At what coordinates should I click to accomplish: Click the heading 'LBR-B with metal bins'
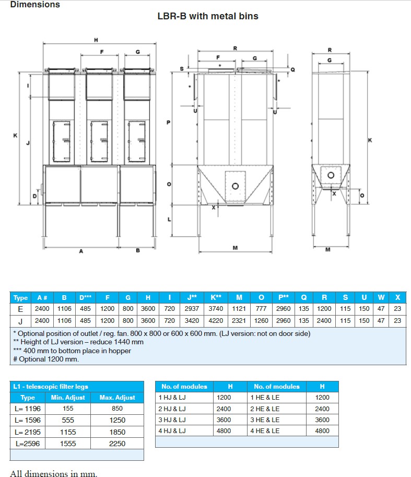[208, 16]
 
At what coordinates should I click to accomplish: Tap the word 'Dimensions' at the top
[34, 5]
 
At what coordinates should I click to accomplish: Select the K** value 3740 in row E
[216, 309]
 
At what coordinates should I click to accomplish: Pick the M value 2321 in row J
[239, 321]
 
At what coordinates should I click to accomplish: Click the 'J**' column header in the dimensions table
[192, 297]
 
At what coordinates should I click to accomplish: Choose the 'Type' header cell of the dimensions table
[20, 298]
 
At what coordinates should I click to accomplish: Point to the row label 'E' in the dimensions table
[20, 309]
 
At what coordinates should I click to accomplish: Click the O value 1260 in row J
[261, 321]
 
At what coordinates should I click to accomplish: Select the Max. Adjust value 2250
[118, 444]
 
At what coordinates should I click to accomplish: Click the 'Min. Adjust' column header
[68, 398]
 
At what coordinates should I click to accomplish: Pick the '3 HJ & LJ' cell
[172, 420]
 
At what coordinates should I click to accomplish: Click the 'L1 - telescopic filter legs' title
[50, 387]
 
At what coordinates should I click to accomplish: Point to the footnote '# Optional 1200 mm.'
[45, 359]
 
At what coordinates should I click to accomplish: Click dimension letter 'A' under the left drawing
[81, 251]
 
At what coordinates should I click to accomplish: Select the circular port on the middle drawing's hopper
[236, 186]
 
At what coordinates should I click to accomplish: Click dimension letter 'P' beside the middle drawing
[168, 122]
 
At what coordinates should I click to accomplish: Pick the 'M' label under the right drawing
[328, 250]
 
